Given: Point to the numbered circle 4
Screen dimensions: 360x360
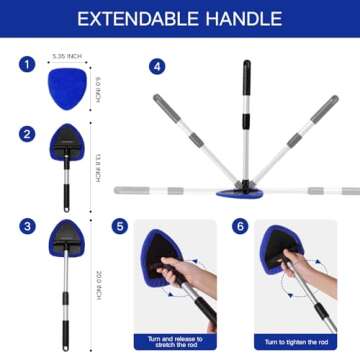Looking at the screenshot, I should coord(156,66).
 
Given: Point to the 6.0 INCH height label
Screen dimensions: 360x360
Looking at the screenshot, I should coord(98,89).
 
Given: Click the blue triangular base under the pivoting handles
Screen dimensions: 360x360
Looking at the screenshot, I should coord(246,190).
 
